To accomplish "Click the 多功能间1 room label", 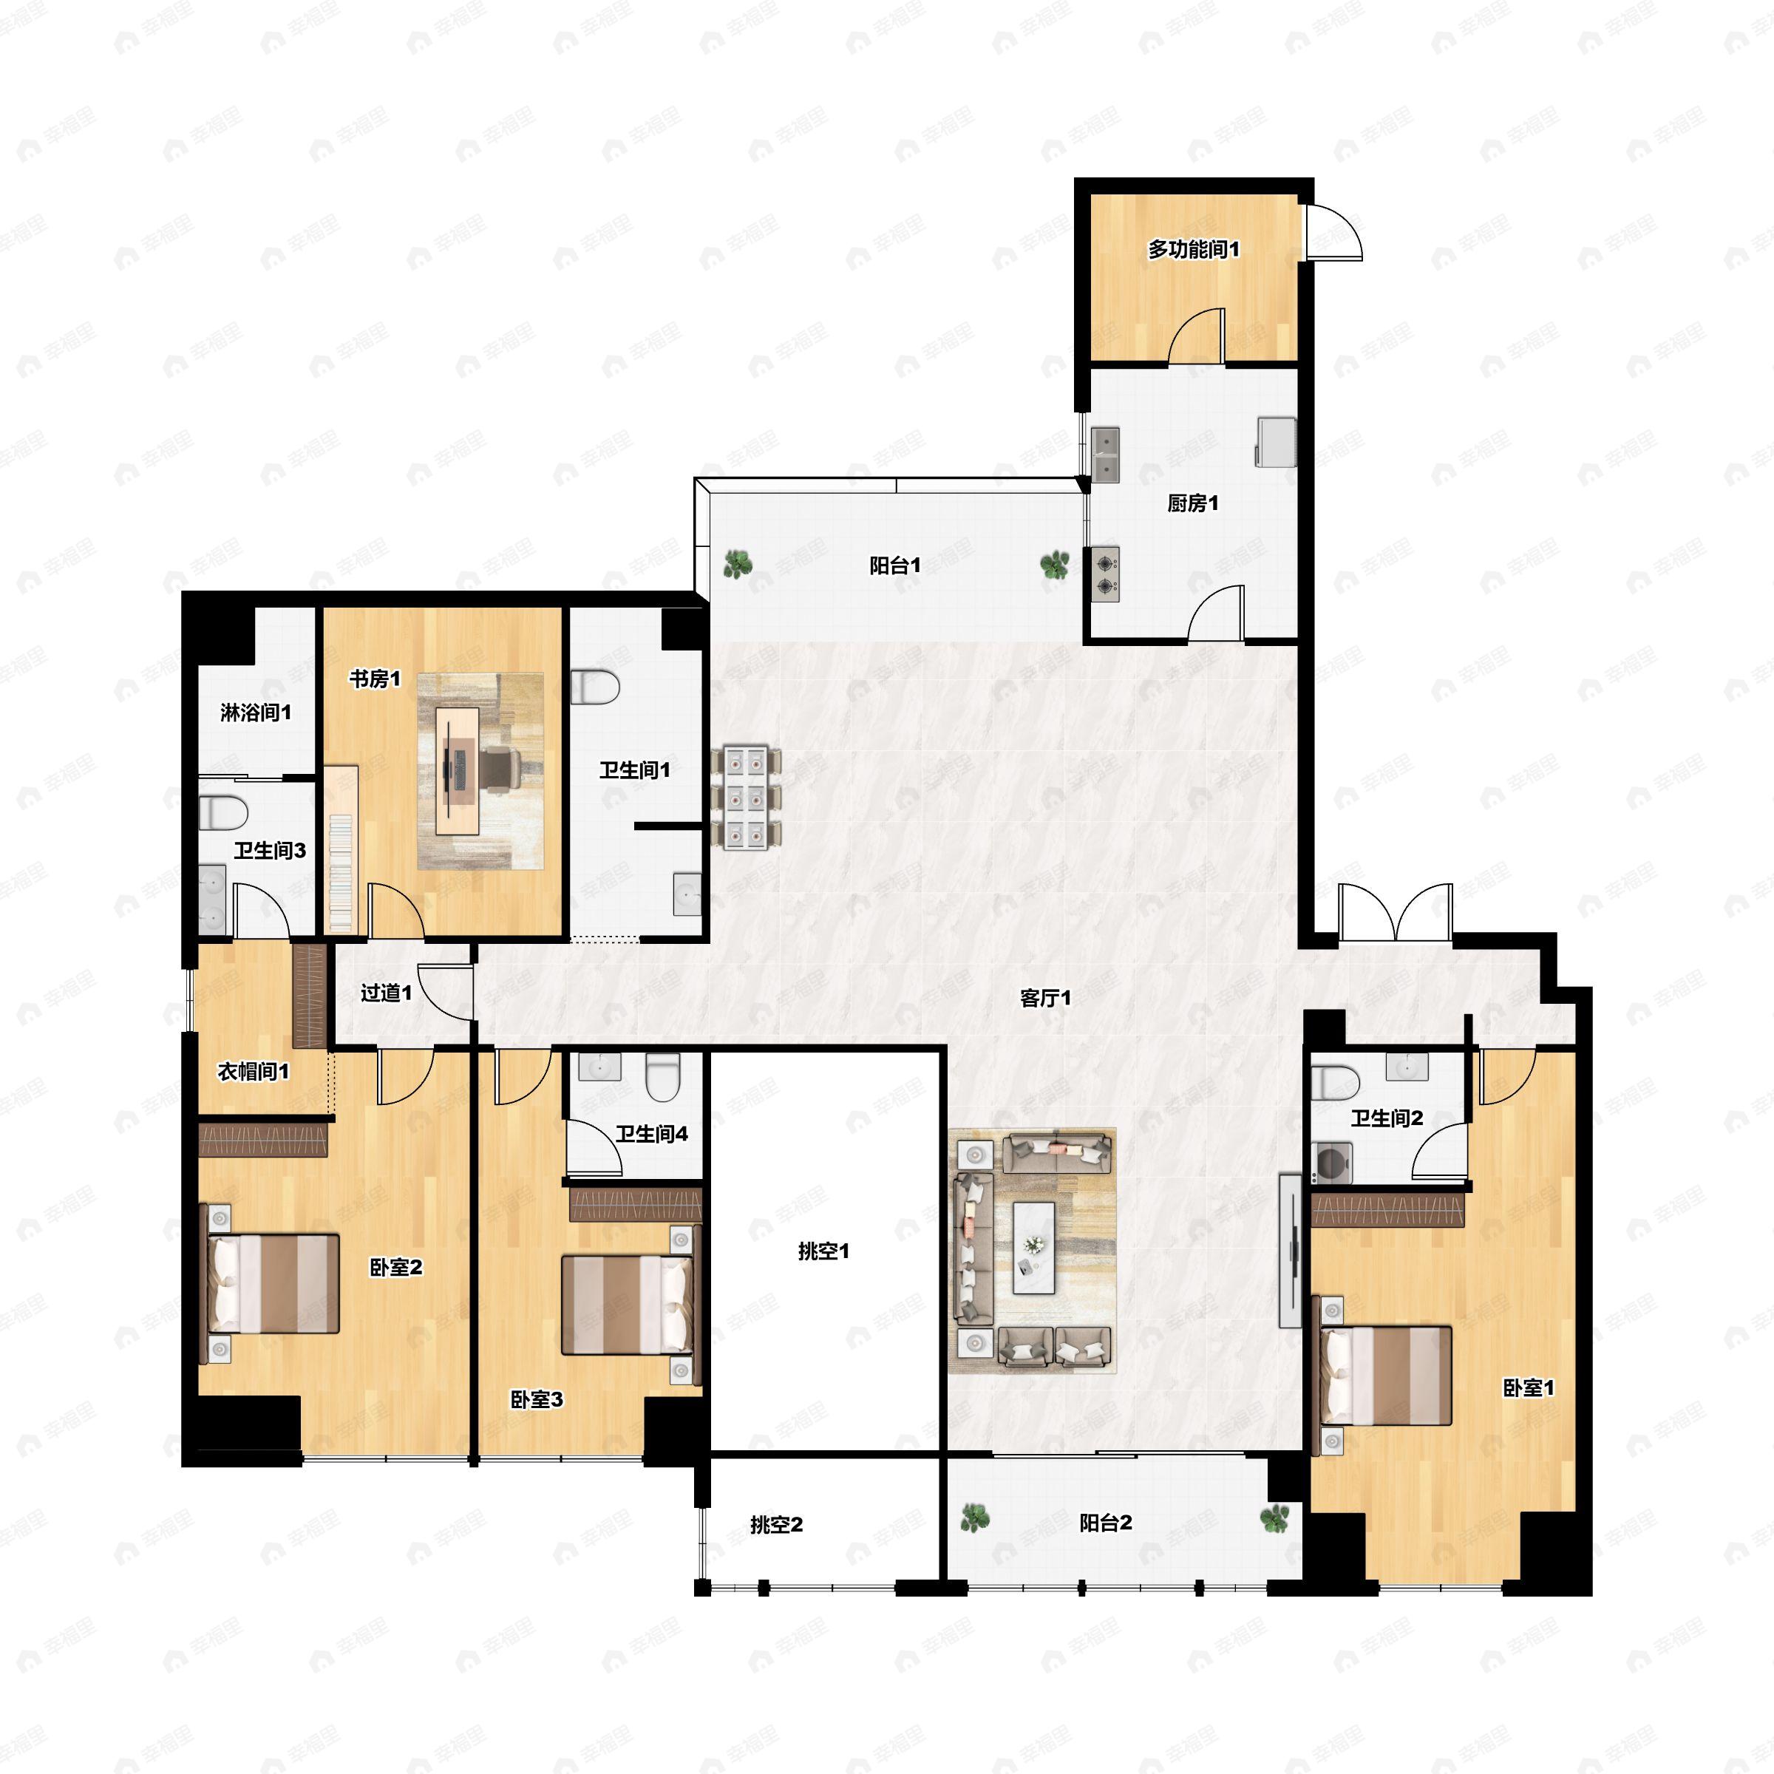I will coord(1193,249).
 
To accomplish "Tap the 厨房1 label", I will coord(1193,503).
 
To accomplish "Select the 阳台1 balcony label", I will coord(894,565).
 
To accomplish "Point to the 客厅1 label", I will coord(1045,998).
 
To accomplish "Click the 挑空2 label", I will coord(776,1525).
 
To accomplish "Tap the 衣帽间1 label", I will coord(254,1072).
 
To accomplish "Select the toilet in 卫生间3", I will coord(224,812).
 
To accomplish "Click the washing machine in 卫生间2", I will coord(1329,1161).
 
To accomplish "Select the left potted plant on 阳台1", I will coord(736,564).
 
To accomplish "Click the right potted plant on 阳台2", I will coord(1274,1520).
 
